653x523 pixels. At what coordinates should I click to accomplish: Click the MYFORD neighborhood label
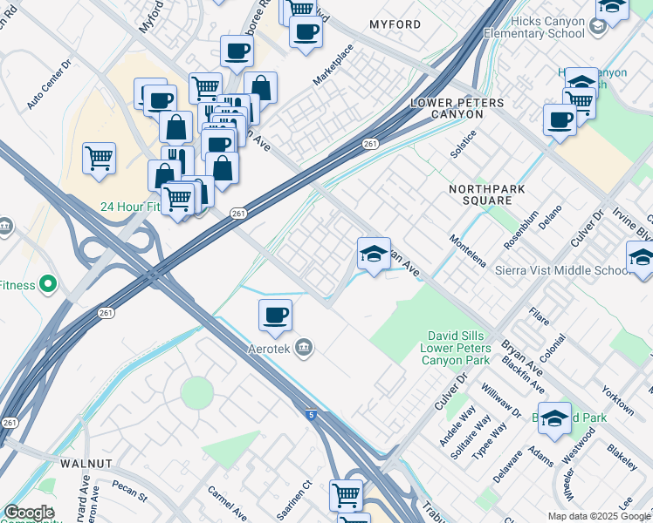395,24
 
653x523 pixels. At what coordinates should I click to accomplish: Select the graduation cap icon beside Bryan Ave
374,254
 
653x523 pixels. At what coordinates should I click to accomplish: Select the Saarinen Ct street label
295,497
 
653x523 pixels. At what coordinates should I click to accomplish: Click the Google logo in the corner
29,513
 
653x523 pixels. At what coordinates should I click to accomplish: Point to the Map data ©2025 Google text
598,516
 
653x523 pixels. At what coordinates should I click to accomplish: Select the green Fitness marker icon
47,284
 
